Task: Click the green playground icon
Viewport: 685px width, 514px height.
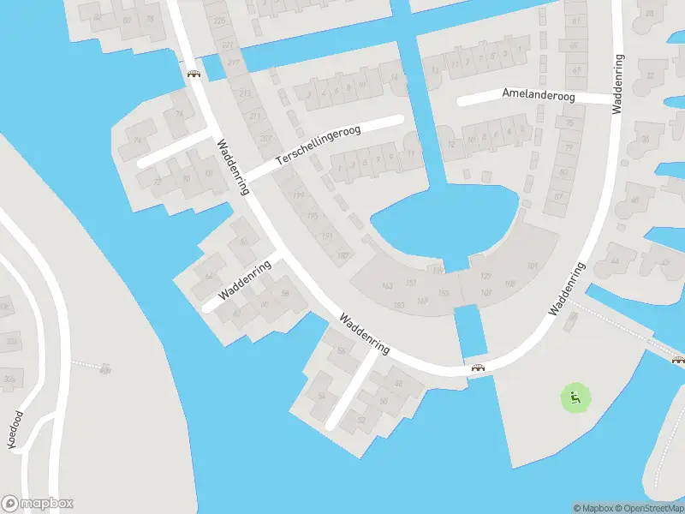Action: [575, 397]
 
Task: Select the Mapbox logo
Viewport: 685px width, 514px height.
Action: [38, 504]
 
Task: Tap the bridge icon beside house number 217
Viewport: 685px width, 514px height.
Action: [194, 74]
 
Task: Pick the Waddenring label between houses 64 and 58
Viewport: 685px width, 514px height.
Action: [245, 279]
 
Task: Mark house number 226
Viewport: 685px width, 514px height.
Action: [218, 21]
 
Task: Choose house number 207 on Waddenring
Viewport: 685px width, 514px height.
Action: [265, 138]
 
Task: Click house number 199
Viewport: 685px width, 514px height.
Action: [299, 196]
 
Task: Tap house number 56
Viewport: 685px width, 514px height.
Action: [285, 294]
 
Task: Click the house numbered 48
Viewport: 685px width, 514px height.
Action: [398, 383]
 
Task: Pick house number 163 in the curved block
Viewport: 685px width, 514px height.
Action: [387, 285]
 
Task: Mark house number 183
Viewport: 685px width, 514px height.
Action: [398, 305]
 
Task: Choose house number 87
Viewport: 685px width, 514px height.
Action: [558, 196]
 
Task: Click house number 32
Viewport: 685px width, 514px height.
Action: [649, 75]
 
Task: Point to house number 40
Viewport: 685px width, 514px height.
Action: [634, 200]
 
